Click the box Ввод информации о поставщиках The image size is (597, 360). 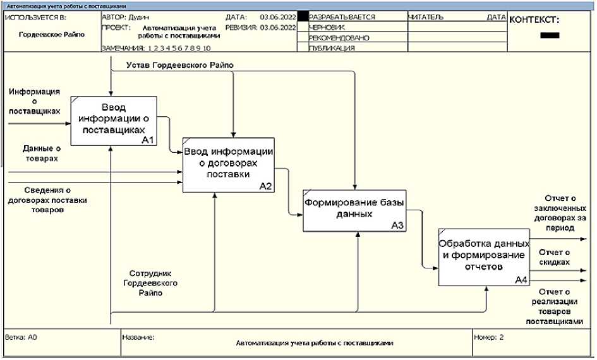coord(113,120)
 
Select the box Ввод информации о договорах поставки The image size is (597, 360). coord(228,164)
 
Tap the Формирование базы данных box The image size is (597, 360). coord(353,209)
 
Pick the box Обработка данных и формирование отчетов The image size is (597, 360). coord(483,256)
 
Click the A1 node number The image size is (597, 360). coord(148,140)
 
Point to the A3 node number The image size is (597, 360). coord(397,225)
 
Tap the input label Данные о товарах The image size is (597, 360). coord(41,153)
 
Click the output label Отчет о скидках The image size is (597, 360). coord(554,256)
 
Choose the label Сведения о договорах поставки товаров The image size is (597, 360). coord(47,200)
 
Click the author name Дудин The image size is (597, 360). coord(140,17)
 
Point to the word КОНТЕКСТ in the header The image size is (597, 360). coord(534,20)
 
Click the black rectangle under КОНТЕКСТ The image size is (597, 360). coord(550,35)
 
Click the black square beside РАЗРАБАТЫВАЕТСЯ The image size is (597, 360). coord(303,17)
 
